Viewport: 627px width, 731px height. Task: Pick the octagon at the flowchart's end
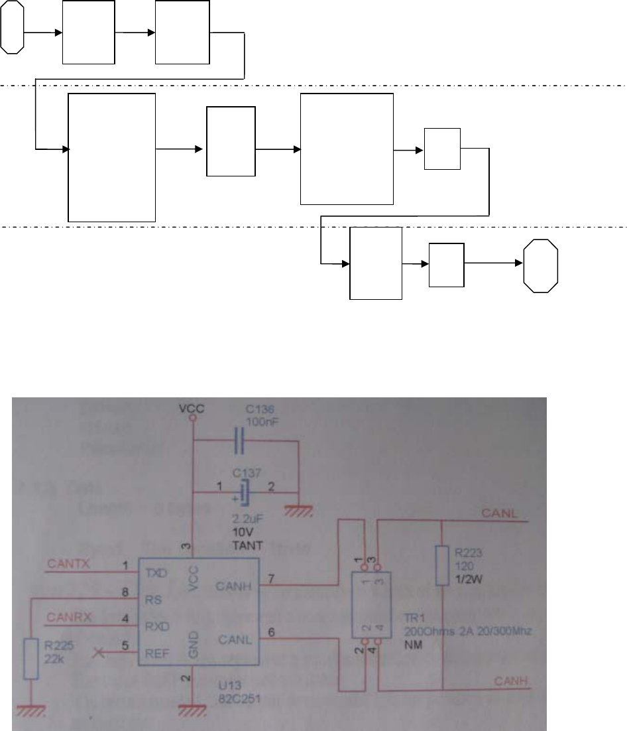tap(541, 265)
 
